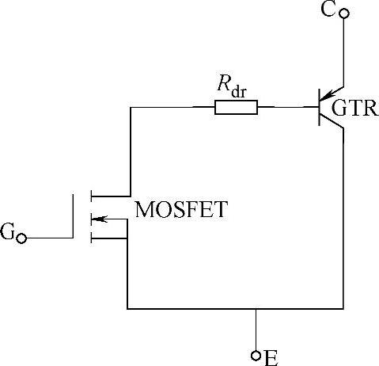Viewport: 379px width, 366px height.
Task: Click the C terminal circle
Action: [x=343, y=13]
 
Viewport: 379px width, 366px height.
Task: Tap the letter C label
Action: [x=328, y=10]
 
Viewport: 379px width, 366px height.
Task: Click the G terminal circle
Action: [x=21, y=238]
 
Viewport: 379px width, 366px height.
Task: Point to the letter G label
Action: [x=7, y=231]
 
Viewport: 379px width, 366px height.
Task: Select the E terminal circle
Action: [x=256, y=356]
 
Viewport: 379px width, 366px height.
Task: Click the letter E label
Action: [x=271, y=358]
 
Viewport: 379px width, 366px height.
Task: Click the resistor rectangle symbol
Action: [x=237, y=107]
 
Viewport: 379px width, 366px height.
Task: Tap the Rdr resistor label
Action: [x=233, y=87]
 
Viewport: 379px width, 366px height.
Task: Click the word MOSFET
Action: [x=181, y=209]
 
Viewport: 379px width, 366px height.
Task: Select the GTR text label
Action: [x=355, y=108]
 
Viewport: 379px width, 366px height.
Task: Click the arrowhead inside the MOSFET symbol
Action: [x=99, y=219]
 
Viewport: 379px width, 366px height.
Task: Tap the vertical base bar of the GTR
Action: [x=320, y=107]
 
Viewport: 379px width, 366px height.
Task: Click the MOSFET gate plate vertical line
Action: [x=73, y=216]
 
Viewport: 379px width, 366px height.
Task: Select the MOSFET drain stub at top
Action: [x=111, y=196]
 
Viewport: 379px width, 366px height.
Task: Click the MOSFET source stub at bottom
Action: [x=109, y=238]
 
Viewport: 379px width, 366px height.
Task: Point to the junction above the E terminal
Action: [x=256, y=308]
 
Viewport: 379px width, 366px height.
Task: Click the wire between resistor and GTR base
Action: [x=288, y=107]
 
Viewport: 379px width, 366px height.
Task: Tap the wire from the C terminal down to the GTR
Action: [x=343, y=52]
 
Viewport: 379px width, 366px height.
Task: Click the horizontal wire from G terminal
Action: [x=49, y=238]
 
